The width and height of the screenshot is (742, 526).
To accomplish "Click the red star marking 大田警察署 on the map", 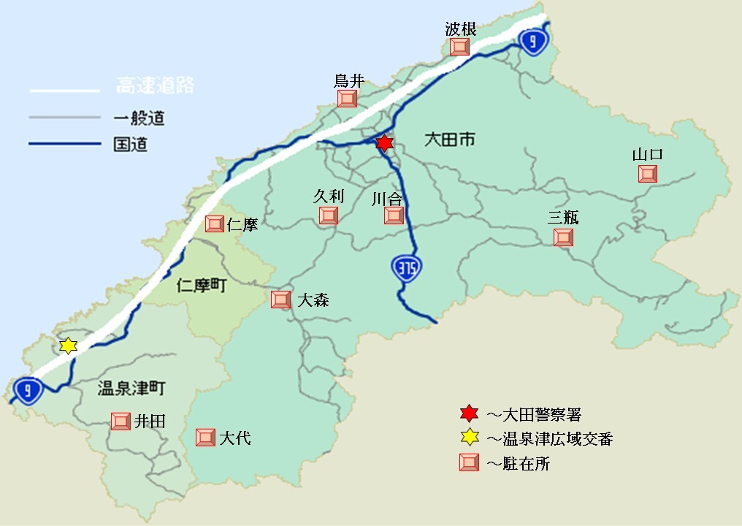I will pyautogui.click(x=385, y=143).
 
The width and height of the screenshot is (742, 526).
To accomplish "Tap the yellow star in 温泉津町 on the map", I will pyautogui.click(x=68, y=346).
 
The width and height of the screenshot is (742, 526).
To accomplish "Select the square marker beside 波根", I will pyautogui.click(x=459, y=47).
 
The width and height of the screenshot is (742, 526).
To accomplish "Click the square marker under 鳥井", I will pyautogui.click(x=348, y=98).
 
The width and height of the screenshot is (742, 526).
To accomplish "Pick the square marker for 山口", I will pyautogui.click(x=647, y=174).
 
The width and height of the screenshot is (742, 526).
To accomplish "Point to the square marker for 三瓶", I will pyautogui.click(x=563, y=237).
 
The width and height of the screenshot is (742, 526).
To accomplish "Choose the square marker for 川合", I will pyautogui.click(x=394, y=215).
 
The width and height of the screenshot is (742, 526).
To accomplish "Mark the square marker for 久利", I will pyautogui.click(x=329, y=215).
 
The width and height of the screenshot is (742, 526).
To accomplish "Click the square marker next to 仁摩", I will pyautogui.click(x=215, y=224).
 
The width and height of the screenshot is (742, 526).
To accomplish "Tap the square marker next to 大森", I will pyautogui.click(x=280, y=299).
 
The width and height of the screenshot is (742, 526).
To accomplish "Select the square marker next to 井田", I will pyautogui.click(x=120, y=421).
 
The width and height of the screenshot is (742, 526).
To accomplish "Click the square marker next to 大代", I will pyautogui.click(x=205, y=438).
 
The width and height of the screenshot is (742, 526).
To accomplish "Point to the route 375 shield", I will pyautogui.click(x=406, y=268).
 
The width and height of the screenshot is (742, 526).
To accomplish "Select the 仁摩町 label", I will pyautogui.click(x=202, y=286).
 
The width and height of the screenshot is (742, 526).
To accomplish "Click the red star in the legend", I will pyautogui.click(x=469, y=414).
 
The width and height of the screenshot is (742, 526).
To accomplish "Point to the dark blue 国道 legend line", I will pyautogui.click(x=64, y=144).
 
